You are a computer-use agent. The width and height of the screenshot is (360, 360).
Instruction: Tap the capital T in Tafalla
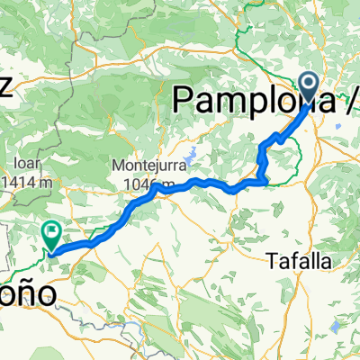tap(273, 261)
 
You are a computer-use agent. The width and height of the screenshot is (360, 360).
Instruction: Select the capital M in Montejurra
tap(118, 166)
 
